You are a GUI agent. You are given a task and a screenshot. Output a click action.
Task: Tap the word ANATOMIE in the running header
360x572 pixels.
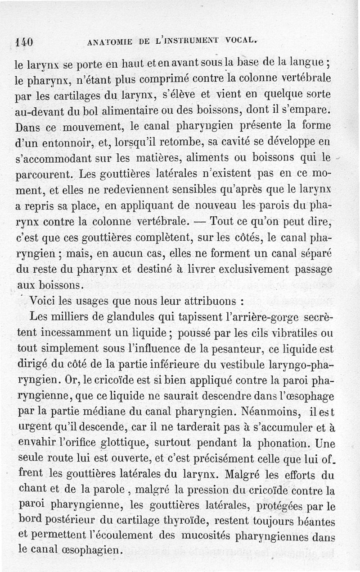[x=108, y=43]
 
